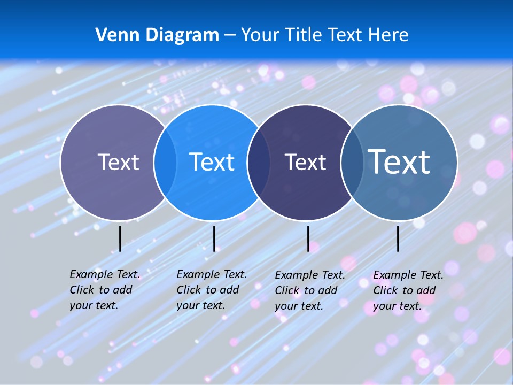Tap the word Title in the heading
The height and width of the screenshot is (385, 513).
click(302, 35)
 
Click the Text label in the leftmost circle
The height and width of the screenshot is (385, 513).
click(118, 162)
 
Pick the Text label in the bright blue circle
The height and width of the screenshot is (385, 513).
click(212, 162)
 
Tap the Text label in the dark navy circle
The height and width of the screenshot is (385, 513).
click(305, 162)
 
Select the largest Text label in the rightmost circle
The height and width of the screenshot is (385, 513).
click(399, 161)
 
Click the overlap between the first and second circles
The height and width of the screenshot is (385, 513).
click(165, 162)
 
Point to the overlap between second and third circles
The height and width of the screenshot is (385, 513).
click(259, 162)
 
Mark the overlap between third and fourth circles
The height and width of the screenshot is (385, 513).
click(352, 162)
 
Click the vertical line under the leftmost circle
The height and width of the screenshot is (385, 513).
click(120, 238)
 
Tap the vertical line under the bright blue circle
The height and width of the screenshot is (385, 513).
click(214, 238)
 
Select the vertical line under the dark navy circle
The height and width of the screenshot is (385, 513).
click(308, 238)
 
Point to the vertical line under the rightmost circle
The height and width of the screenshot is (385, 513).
click(398, 238)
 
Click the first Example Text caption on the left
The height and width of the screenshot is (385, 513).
click(105, 290)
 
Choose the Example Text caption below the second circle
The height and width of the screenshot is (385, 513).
click(212, 290)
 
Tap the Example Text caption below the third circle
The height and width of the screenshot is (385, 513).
click(310, 290)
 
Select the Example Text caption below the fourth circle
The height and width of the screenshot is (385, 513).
click(408, 290)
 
